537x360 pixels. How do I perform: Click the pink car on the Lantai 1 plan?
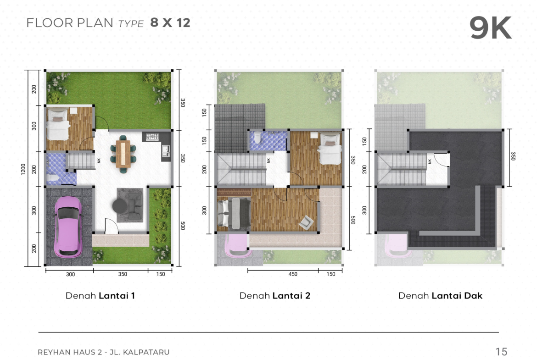click(x=68, y=227)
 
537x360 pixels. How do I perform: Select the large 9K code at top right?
click(x=491, y=28)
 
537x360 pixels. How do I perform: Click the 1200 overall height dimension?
click(x=23, y=169)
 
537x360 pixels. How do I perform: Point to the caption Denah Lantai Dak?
click(x=441, y=296)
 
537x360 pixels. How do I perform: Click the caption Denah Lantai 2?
click(x=274, y=296)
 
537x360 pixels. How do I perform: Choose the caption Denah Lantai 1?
click(x=100, y=296)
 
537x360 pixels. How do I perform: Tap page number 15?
click(x=501, y=351)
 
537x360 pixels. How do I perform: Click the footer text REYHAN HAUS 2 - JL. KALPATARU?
click(x=103, y=352)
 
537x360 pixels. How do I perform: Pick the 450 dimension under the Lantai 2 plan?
click(x=293, y=274)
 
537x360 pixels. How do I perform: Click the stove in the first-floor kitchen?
click(x=152, y=137)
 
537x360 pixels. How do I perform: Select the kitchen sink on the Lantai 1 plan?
click(x=165, y=151)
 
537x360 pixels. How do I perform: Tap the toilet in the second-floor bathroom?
click(x=257, y=138)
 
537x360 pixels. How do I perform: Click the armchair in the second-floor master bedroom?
click(x=306, y=222)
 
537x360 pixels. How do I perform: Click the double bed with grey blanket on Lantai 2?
click(x=234, y=214)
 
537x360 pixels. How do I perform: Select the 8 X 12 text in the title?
click(x=170, y=22)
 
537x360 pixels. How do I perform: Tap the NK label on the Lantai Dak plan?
click(x=430, y=161)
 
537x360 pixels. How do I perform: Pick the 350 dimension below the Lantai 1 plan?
click(x=123, y=274)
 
